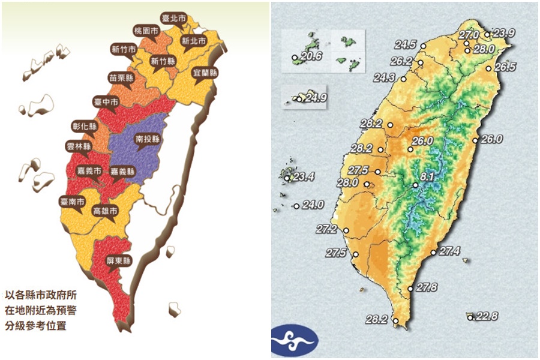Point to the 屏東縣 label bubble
coord(119,260)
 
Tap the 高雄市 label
coord(105,212)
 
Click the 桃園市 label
coord(148,29)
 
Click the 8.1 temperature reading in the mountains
coord(427,177)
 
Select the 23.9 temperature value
coord(503,32)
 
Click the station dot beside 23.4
coord(287,178)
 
